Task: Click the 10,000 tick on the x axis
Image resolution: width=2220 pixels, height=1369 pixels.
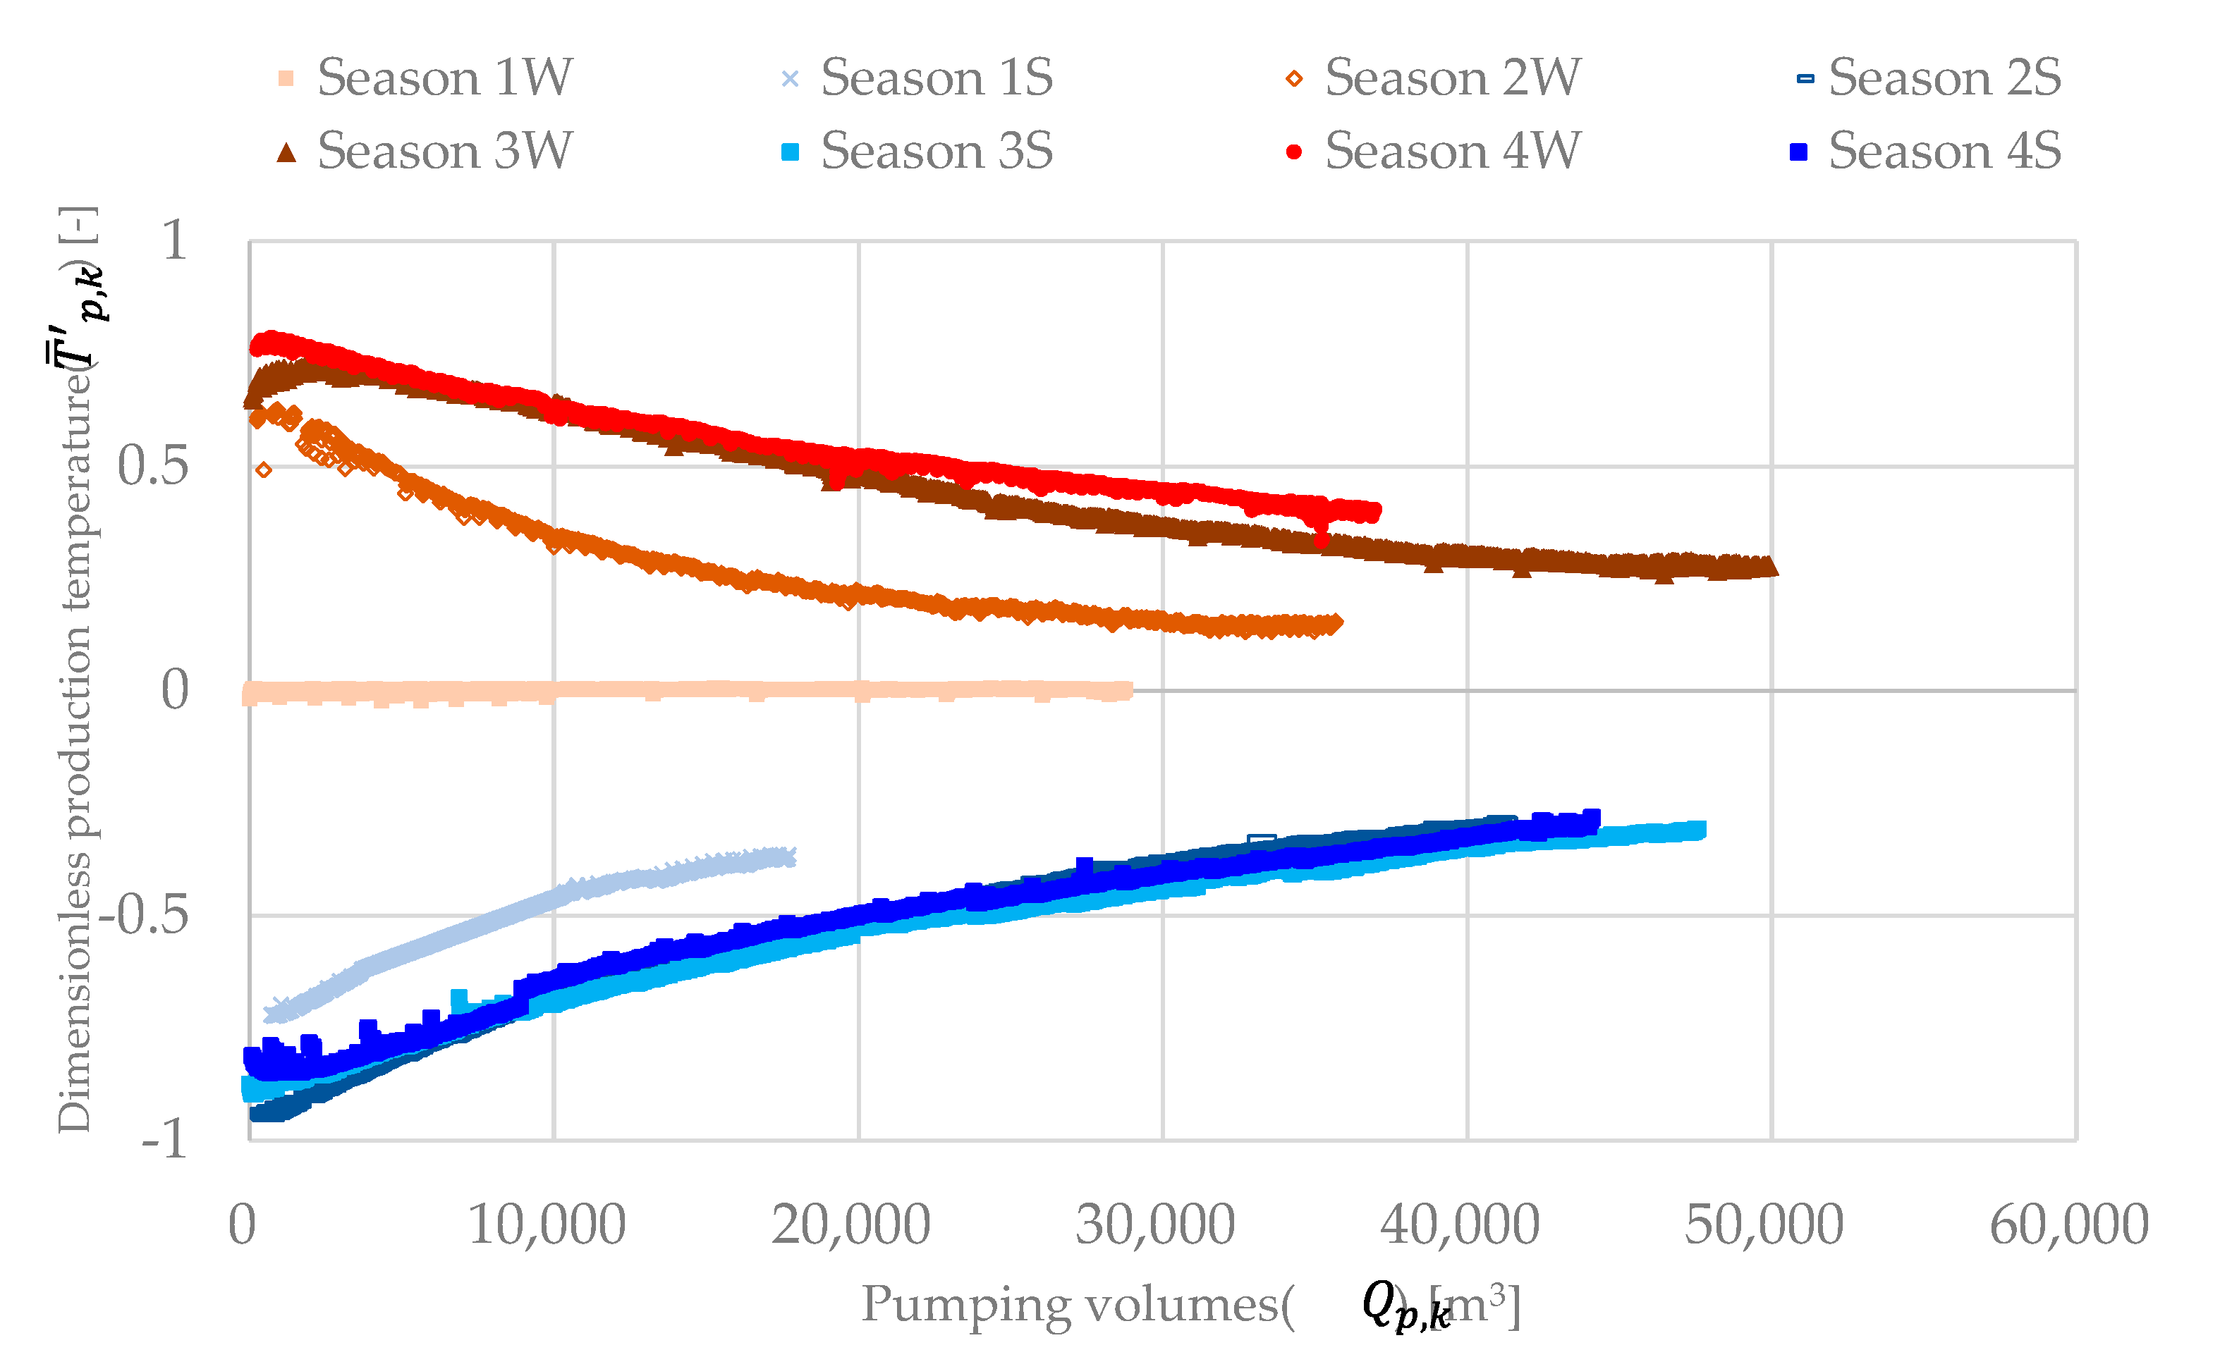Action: tap(546, 1226)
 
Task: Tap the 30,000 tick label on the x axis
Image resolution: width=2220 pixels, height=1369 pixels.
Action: tap(1155, 1226)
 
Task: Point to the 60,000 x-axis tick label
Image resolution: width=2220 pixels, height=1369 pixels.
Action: tap(2069, 1226)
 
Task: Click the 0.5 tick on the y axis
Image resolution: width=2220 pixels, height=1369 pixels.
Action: tap(153, 466)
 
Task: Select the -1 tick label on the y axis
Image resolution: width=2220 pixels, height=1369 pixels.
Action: tap(164, 1140)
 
